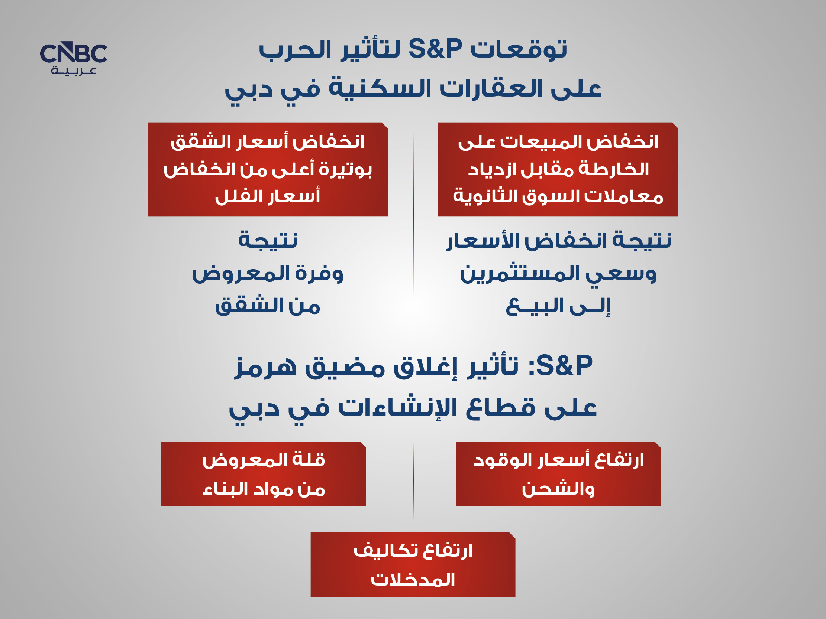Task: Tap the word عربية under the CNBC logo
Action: [74, 71]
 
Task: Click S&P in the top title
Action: [435, 49]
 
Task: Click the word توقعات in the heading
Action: [519, 49]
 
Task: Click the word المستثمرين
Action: [519, 274]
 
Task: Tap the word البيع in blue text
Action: [535, 306]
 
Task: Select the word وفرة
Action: [319, 274]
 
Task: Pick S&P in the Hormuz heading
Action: [564, 365]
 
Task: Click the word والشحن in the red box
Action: [558, 489]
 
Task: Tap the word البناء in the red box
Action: [221, 489]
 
